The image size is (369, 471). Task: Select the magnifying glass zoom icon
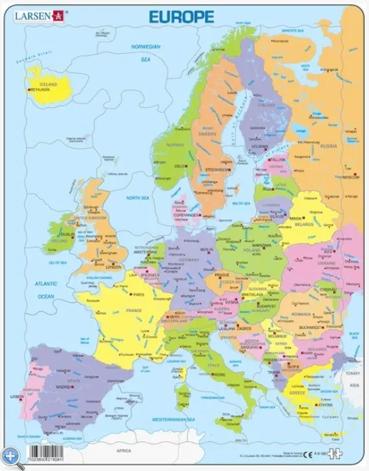pos(10,455)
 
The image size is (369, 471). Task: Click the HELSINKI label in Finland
pos(259,147)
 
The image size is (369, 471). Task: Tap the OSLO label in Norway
pos(180,167)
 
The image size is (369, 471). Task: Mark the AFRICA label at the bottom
pos(124,450)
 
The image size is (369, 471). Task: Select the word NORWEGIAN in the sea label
pos(146,46)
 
